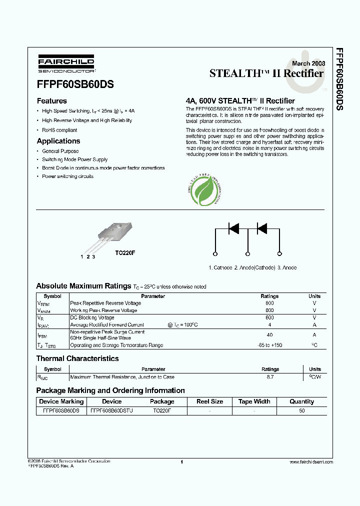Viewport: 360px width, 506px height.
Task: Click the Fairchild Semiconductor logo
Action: point(65,63)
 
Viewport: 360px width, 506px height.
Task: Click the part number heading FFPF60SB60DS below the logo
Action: point(75,84)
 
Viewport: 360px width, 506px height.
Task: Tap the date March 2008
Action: point(308,63)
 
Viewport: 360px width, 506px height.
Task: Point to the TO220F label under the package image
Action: point(125,253)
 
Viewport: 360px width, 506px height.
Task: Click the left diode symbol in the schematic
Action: point(233,229)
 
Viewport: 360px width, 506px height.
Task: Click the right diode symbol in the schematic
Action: point(261,229)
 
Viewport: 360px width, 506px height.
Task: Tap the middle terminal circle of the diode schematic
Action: point(247,254)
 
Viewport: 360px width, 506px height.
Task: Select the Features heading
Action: point(51,100)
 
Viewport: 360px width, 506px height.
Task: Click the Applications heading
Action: point(58,141)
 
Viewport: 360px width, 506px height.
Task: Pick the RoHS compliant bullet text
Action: point(59,130)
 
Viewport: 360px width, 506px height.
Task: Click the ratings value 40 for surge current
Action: point(269,335)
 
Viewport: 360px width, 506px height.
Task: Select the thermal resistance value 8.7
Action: point(270,377)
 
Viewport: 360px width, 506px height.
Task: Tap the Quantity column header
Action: point(301,401)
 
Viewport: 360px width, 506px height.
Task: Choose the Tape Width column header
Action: point(254,401)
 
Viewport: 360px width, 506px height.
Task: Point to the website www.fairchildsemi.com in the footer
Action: point(311,462)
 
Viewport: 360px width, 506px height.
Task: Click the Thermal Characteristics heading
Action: point(77,358)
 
